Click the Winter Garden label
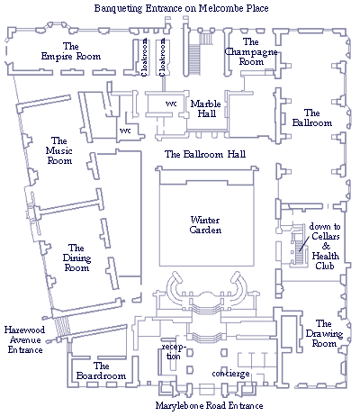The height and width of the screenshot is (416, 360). [205, 225]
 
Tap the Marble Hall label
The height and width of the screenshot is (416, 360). [206, 109]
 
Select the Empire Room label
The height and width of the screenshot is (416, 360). [71, 51]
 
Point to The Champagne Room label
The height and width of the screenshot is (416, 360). [251, 51]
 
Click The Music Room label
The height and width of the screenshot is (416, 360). [59, 150]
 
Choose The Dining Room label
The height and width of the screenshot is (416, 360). [76, 258]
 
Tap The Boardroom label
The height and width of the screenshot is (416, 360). [101, 371]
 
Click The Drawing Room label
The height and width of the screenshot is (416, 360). [324, 333]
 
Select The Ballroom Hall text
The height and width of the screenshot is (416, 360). [205, 154]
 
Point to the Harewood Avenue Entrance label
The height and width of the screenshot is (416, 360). [25, 339]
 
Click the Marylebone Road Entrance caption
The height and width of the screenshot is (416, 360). [210, 406]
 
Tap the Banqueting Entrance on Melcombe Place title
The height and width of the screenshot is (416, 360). [182, 8]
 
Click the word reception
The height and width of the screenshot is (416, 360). [174, 352]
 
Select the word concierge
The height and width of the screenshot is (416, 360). [230, 374]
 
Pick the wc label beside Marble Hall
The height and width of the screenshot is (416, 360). [171, 104]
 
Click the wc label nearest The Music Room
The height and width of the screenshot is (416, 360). [125, 131]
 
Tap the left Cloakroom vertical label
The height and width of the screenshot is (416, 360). [144, 57]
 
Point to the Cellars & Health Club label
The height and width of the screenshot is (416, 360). [325, 246]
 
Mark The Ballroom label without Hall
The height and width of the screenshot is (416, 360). [312, 118]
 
